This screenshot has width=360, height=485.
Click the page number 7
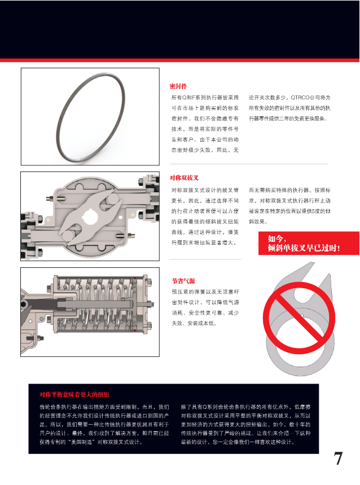click(x=338, y=458)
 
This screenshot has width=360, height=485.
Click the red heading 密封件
click(x=178, y=86)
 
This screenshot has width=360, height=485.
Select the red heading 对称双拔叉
click(x=184, y=178)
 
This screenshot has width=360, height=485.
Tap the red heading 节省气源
click(x=183, y=280)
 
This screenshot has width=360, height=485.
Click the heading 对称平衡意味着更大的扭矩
click(x=74, y=394)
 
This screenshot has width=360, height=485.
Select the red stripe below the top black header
click(x=180, y=59)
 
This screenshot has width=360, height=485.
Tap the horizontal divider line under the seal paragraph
click(x=248, y=164)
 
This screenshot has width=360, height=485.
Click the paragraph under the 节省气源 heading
click(x=205, y=308)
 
